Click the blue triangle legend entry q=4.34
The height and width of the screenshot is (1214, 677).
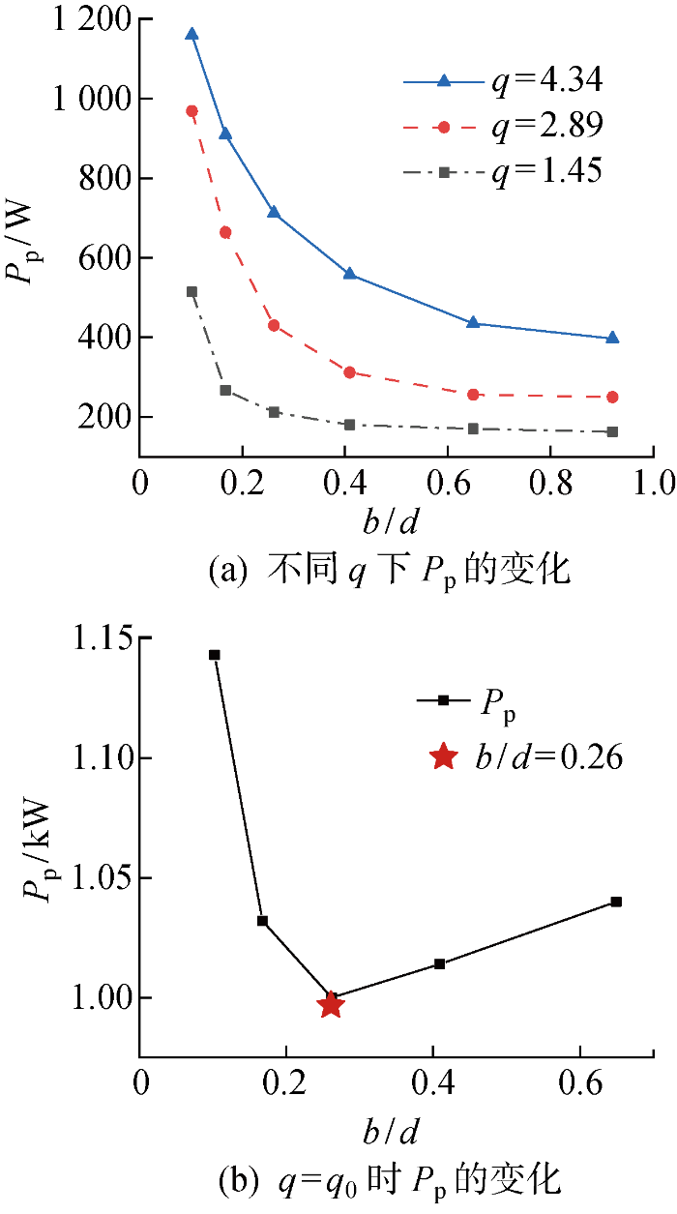tap(503, 81)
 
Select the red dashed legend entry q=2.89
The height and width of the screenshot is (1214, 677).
tap(503, 126)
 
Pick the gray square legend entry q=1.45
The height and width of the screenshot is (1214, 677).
tap(503, 171)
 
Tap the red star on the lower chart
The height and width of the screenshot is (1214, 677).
tap(332, 1004)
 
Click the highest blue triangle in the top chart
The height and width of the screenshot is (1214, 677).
tap(191, 34)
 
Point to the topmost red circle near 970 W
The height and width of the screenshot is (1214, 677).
tap(191, 111)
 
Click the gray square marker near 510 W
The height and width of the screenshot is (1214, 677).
tap(191, 291)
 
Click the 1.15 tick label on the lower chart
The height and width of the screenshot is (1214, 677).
tap(100, 639)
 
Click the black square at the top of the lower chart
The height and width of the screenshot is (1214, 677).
tap(215, 655)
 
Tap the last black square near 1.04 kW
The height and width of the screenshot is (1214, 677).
tap(616, 902)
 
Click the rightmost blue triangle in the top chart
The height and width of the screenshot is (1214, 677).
tap(612, 338)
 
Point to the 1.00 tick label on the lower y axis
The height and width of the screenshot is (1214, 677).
tap(100, 998)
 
